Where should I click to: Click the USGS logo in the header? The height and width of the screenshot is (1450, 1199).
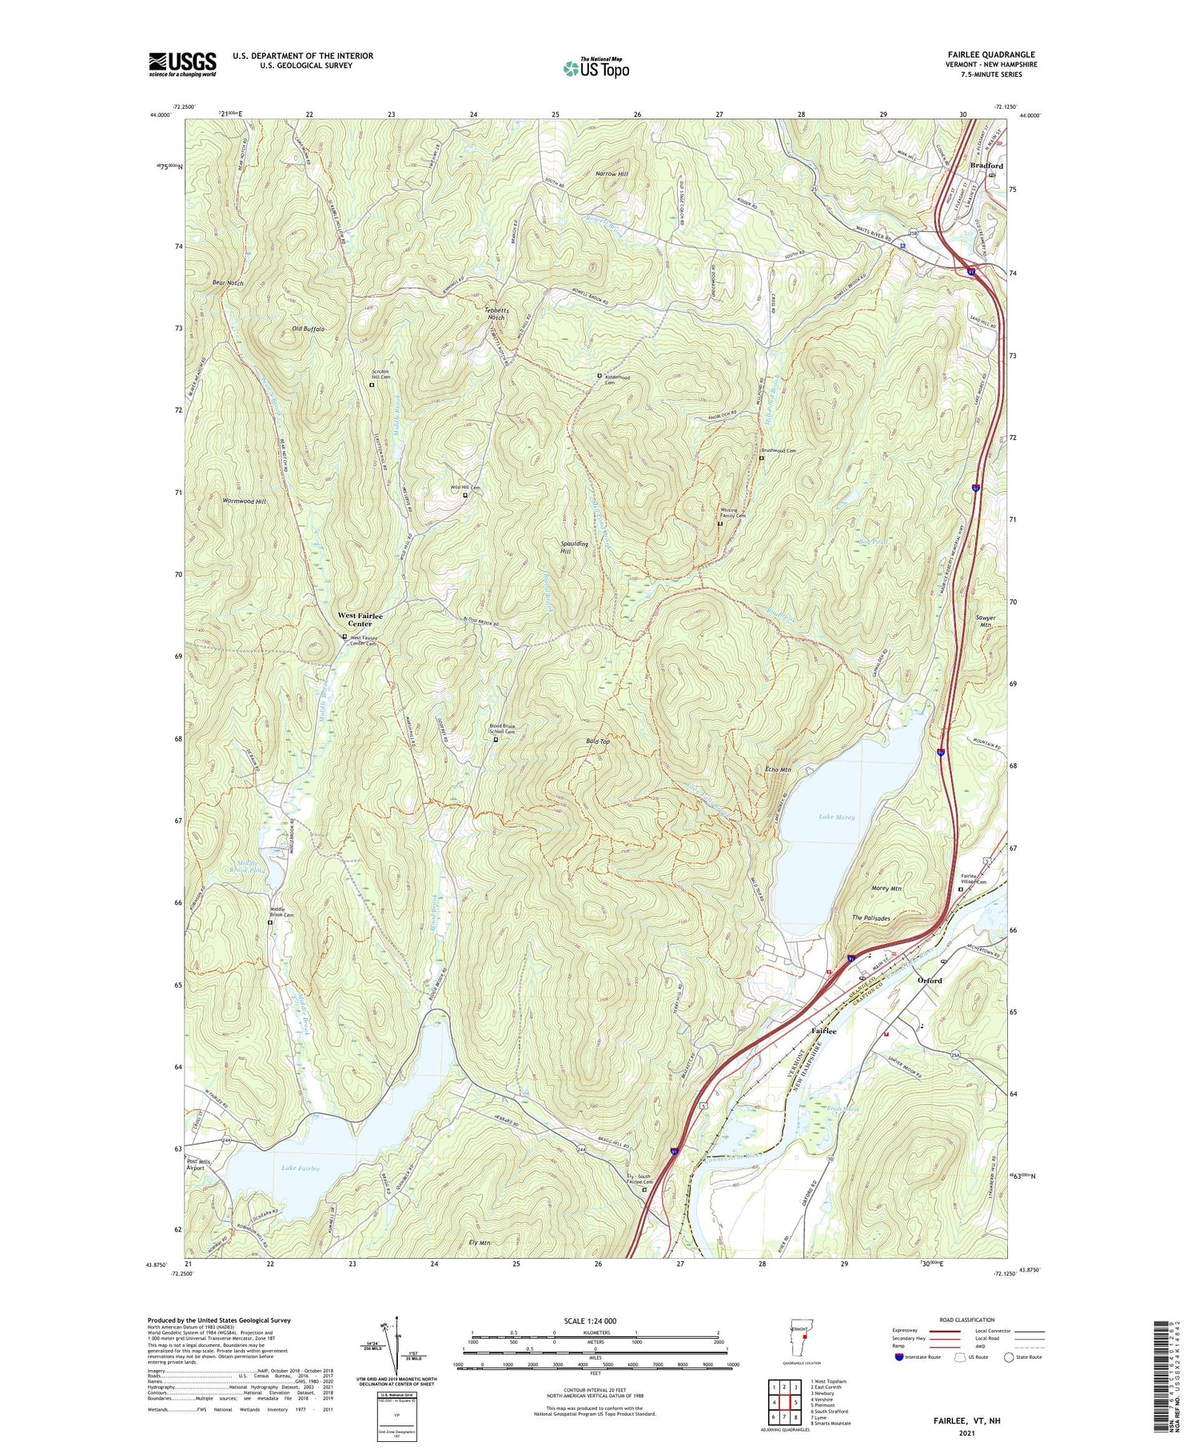[182, 63]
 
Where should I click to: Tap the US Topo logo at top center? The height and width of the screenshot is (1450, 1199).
[596, 68]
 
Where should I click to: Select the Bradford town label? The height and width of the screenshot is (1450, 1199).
[986, 166]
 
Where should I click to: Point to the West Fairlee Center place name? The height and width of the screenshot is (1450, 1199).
[360, 620]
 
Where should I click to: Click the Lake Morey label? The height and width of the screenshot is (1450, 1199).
[837, 817]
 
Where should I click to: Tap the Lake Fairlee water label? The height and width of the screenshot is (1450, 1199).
[301, 1168]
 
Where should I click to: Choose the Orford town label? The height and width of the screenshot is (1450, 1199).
[930, 980]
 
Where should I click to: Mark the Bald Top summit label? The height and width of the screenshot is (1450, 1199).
[598, 741]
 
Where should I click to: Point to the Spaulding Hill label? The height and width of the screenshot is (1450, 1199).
[574, 547]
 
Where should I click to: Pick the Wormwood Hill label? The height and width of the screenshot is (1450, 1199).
[244, 501]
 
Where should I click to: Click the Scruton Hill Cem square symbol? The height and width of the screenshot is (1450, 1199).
[372, 385]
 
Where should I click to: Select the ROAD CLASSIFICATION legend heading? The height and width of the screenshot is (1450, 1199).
[967, 1320]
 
